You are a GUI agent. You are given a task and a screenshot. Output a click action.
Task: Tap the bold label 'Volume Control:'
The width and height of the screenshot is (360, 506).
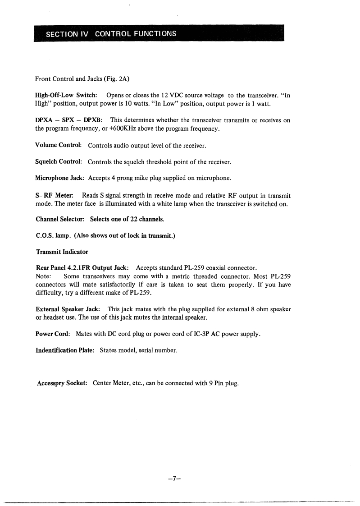coord(59,146)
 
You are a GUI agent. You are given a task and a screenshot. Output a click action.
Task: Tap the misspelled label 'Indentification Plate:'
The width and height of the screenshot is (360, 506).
coord(65,350)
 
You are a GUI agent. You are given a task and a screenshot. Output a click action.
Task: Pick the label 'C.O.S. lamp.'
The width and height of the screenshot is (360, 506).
coord(53,235)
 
